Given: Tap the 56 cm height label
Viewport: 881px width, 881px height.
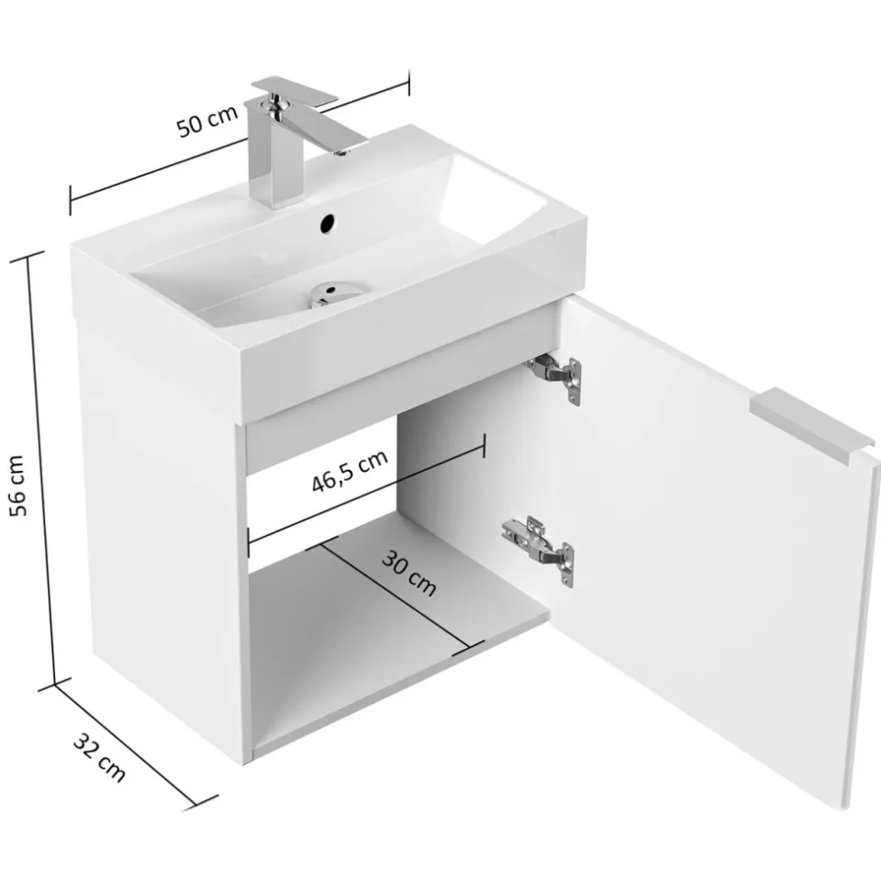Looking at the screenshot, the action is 17,486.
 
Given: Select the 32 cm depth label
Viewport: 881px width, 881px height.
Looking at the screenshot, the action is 99,757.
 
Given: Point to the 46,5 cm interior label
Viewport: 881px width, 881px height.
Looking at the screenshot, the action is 350,471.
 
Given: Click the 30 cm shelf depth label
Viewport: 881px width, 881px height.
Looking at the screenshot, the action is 408,574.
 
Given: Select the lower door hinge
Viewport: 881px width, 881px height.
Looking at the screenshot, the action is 540,550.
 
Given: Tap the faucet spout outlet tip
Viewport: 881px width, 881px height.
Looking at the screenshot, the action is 341,150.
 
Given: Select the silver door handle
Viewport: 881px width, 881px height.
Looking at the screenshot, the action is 812,425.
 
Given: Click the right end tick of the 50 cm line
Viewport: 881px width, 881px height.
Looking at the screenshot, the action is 409,84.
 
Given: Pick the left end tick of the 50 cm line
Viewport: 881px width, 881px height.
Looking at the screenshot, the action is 71,200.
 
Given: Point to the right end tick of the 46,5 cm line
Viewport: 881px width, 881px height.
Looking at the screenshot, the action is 484,445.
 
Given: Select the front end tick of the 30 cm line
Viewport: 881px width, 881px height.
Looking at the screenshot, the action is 468,649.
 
